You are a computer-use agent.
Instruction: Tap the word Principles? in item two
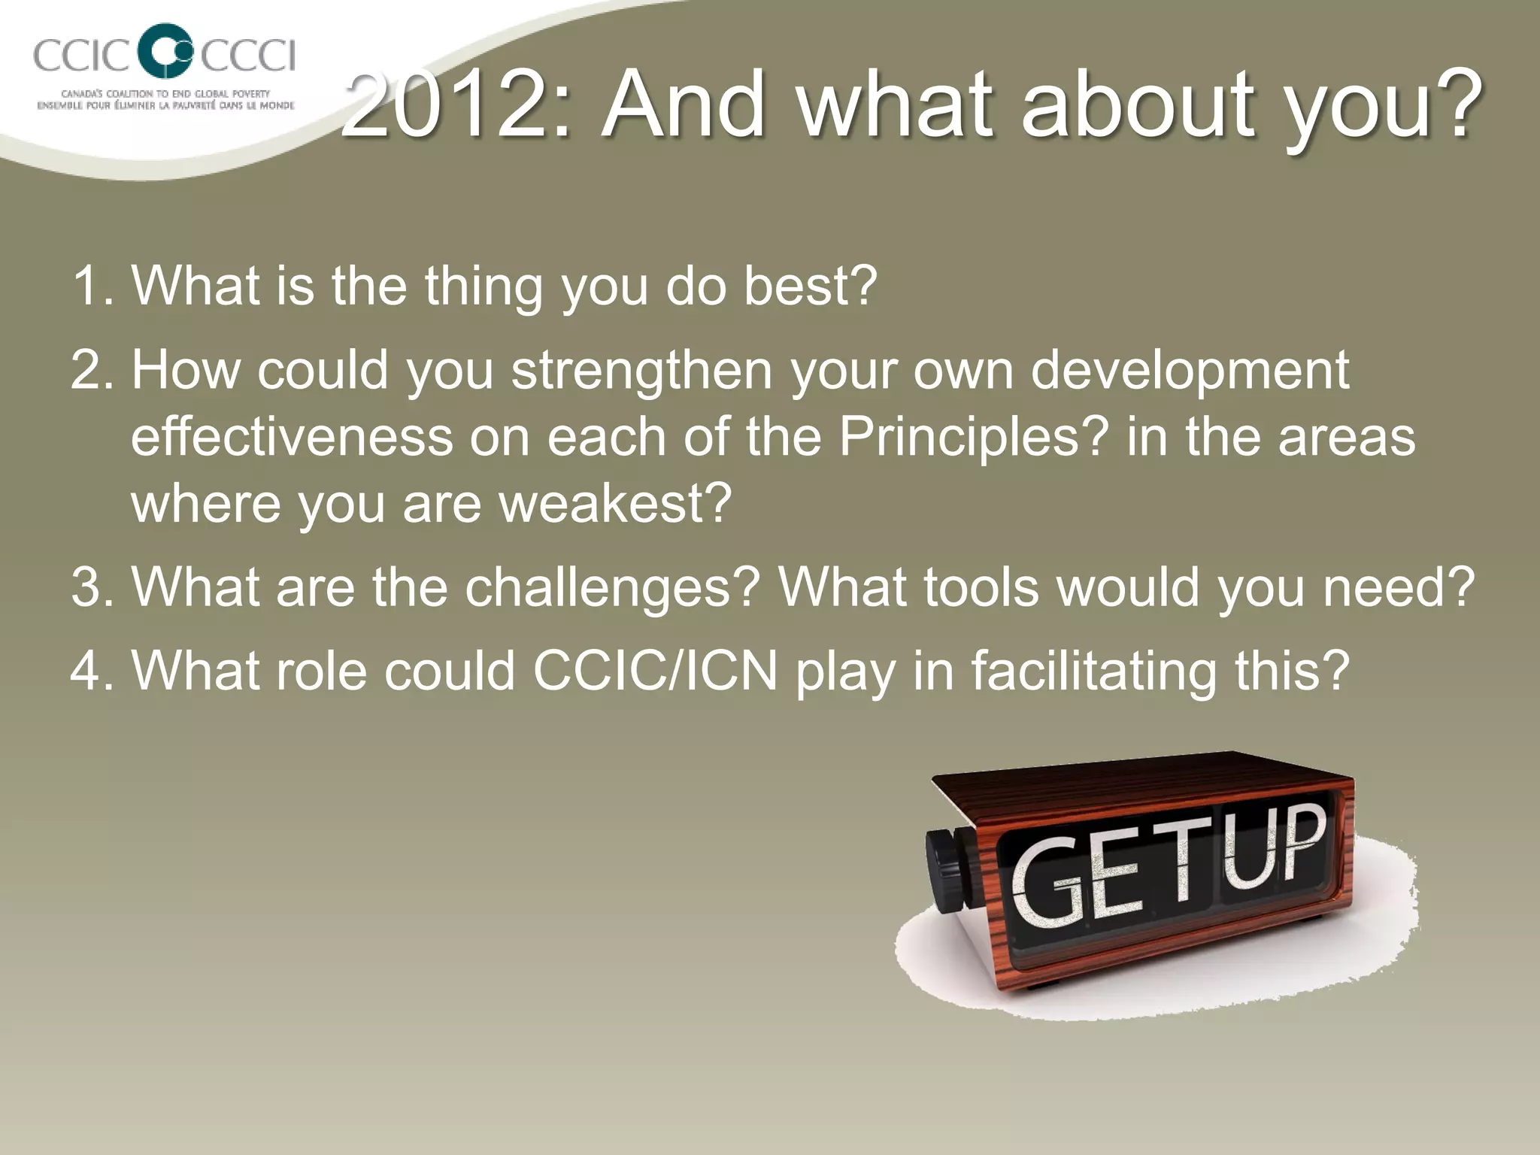coord(974,437)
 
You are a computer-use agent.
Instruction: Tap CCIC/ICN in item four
coord(655,670)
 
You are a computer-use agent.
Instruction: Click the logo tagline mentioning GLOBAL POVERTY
coord(165,94)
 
